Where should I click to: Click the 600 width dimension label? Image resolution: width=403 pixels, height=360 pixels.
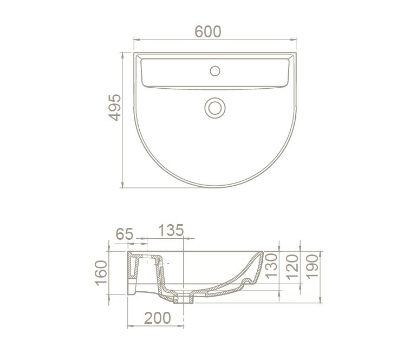pyautogui.click(x=207, y=31)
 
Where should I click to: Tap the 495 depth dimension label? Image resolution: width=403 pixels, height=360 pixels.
pyautogui.click(x=114, y=107)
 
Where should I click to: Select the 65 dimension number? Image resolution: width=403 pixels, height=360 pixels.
pyautogui.click(x=125, y=234)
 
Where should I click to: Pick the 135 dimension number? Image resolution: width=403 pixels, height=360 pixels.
pyautogui.click(x=171, y=230)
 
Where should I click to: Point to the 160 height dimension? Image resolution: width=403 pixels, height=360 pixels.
pyautogui.click(x=101, y=273)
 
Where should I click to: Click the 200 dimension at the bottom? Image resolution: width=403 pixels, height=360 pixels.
pyautogui.click(x=157, y=318)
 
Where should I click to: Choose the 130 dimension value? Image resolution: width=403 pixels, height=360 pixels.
pyautogui.click(x=271, y=266)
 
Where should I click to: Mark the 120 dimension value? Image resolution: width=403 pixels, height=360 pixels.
pyautogui.click(x=292, y=267)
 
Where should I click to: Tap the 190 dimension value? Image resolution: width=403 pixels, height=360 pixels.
pyautogui.click(x=313, y=267)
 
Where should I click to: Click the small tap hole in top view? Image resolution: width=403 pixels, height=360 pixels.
pyautogui.click(x=215, y=71)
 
